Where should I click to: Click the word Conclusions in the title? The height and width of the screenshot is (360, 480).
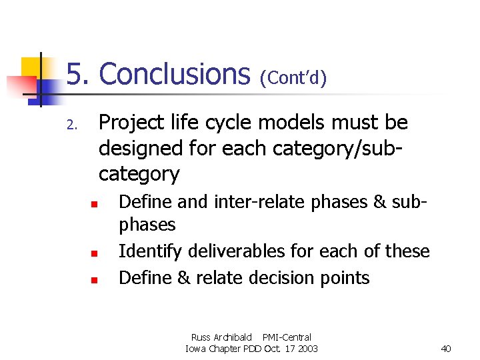(x=174, y=74)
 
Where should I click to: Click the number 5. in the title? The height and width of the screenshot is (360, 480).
(x=79, y=74)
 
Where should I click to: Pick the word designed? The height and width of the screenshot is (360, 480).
(x=142, y=148)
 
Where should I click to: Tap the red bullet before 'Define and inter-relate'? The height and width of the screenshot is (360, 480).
(x=95, y=203)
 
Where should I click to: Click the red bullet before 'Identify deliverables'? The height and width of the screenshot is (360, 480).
(x=95, y=253)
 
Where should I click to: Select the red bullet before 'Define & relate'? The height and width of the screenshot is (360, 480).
(x=95, y=279)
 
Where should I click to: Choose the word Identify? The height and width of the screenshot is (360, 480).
(x=151, y=252)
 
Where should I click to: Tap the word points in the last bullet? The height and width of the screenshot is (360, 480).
(x=344, y=277)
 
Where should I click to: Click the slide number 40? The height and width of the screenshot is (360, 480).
(x=446, y=349)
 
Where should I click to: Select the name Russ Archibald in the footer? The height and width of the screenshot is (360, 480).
(x=221, y=337)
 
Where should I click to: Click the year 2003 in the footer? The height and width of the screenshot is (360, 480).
(x=307, y=349)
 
